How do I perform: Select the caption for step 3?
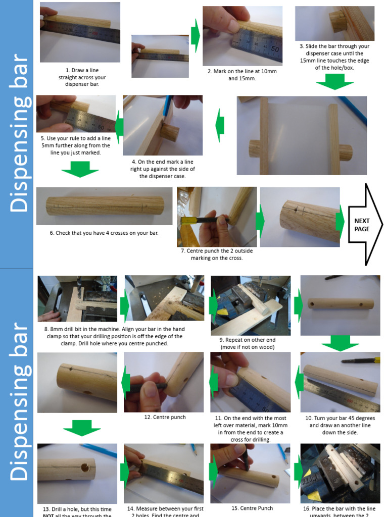(334, 57)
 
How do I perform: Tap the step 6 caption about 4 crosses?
(104, 233)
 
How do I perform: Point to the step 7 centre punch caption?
(217, 254)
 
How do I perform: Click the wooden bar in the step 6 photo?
(105, 205)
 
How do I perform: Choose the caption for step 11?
(251, 429)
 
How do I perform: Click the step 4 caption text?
(162, 169)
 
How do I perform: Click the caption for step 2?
(242, 75)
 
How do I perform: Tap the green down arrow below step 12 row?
(82, 428)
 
